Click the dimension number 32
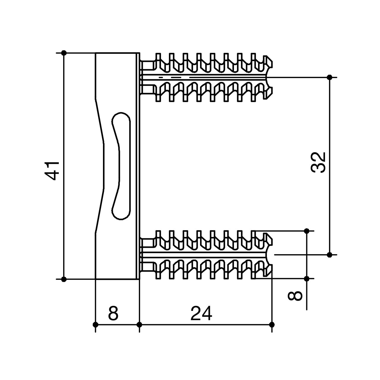319,163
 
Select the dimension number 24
201,313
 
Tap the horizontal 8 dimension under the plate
113,313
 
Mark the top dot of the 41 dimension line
64,53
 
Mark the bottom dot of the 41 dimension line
64,279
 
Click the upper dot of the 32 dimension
329,77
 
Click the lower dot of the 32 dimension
329,255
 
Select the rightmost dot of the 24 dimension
272,324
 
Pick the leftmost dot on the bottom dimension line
95,324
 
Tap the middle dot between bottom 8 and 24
140,324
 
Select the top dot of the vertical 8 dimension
307,231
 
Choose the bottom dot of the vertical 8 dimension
307,279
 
